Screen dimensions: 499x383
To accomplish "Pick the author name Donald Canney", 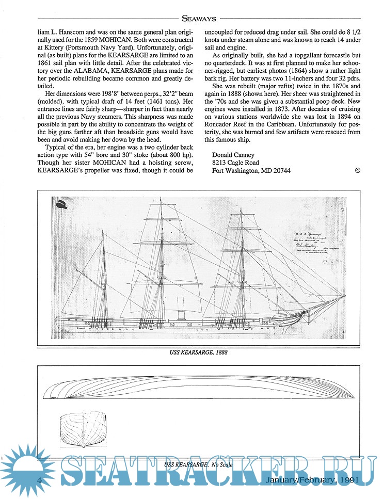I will [233, 155].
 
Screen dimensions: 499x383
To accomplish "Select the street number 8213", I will [220, 164].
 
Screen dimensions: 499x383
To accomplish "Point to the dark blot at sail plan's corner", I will [62, 205].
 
